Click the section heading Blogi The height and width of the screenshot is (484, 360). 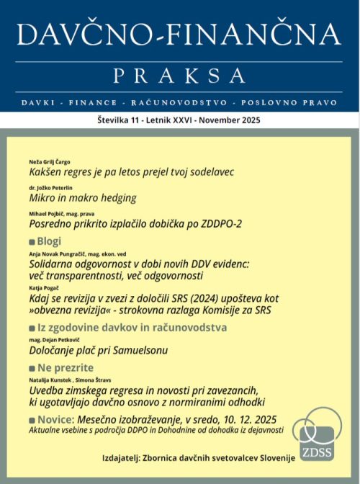coord(49,241)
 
